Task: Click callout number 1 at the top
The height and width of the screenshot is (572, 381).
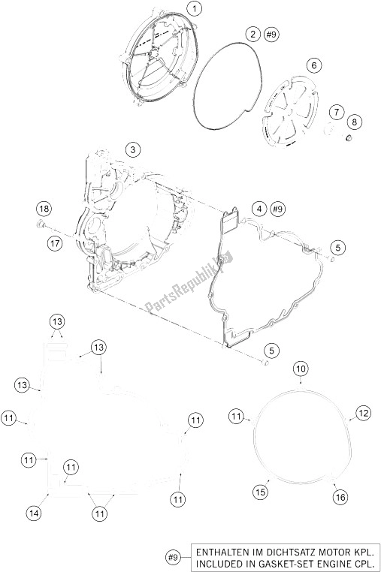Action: coord(195,8)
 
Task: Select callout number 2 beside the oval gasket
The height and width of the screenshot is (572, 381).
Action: coord(252,35)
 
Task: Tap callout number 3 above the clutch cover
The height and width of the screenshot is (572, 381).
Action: coord(133,149)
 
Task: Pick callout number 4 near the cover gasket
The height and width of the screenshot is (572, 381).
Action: coord(259,209)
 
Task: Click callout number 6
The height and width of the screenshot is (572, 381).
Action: coord(314,66)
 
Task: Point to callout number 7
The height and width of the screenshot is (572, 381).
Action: coord(337,112)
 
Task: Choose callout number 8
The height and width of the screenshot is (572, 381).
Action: coord(355,122)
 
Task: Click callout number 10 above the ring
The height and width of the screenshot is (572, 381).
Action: coord(301,369)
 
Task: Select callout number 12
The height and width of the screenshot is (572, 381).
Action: coord(363,414)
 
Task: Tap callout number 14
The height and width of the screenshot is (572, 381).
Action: coord(34,513)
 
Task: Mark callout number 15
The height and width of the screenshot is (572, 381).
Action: coord(260,492)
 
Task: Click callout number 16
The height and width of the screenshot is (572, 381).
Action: coord(340,497)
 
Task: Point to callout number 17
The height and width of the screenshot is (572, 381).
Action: coord(55,243)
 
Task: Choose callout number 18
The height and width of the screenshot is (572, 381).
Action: coord(44,209)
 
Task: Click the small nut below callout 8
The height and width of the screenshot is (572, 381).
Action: coord(349,138)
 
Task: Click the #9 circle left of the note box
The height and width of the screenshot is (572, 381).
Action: coord(174,557)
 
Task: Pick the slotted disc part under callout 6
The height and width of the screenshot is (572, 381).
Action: coord(290,110)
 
